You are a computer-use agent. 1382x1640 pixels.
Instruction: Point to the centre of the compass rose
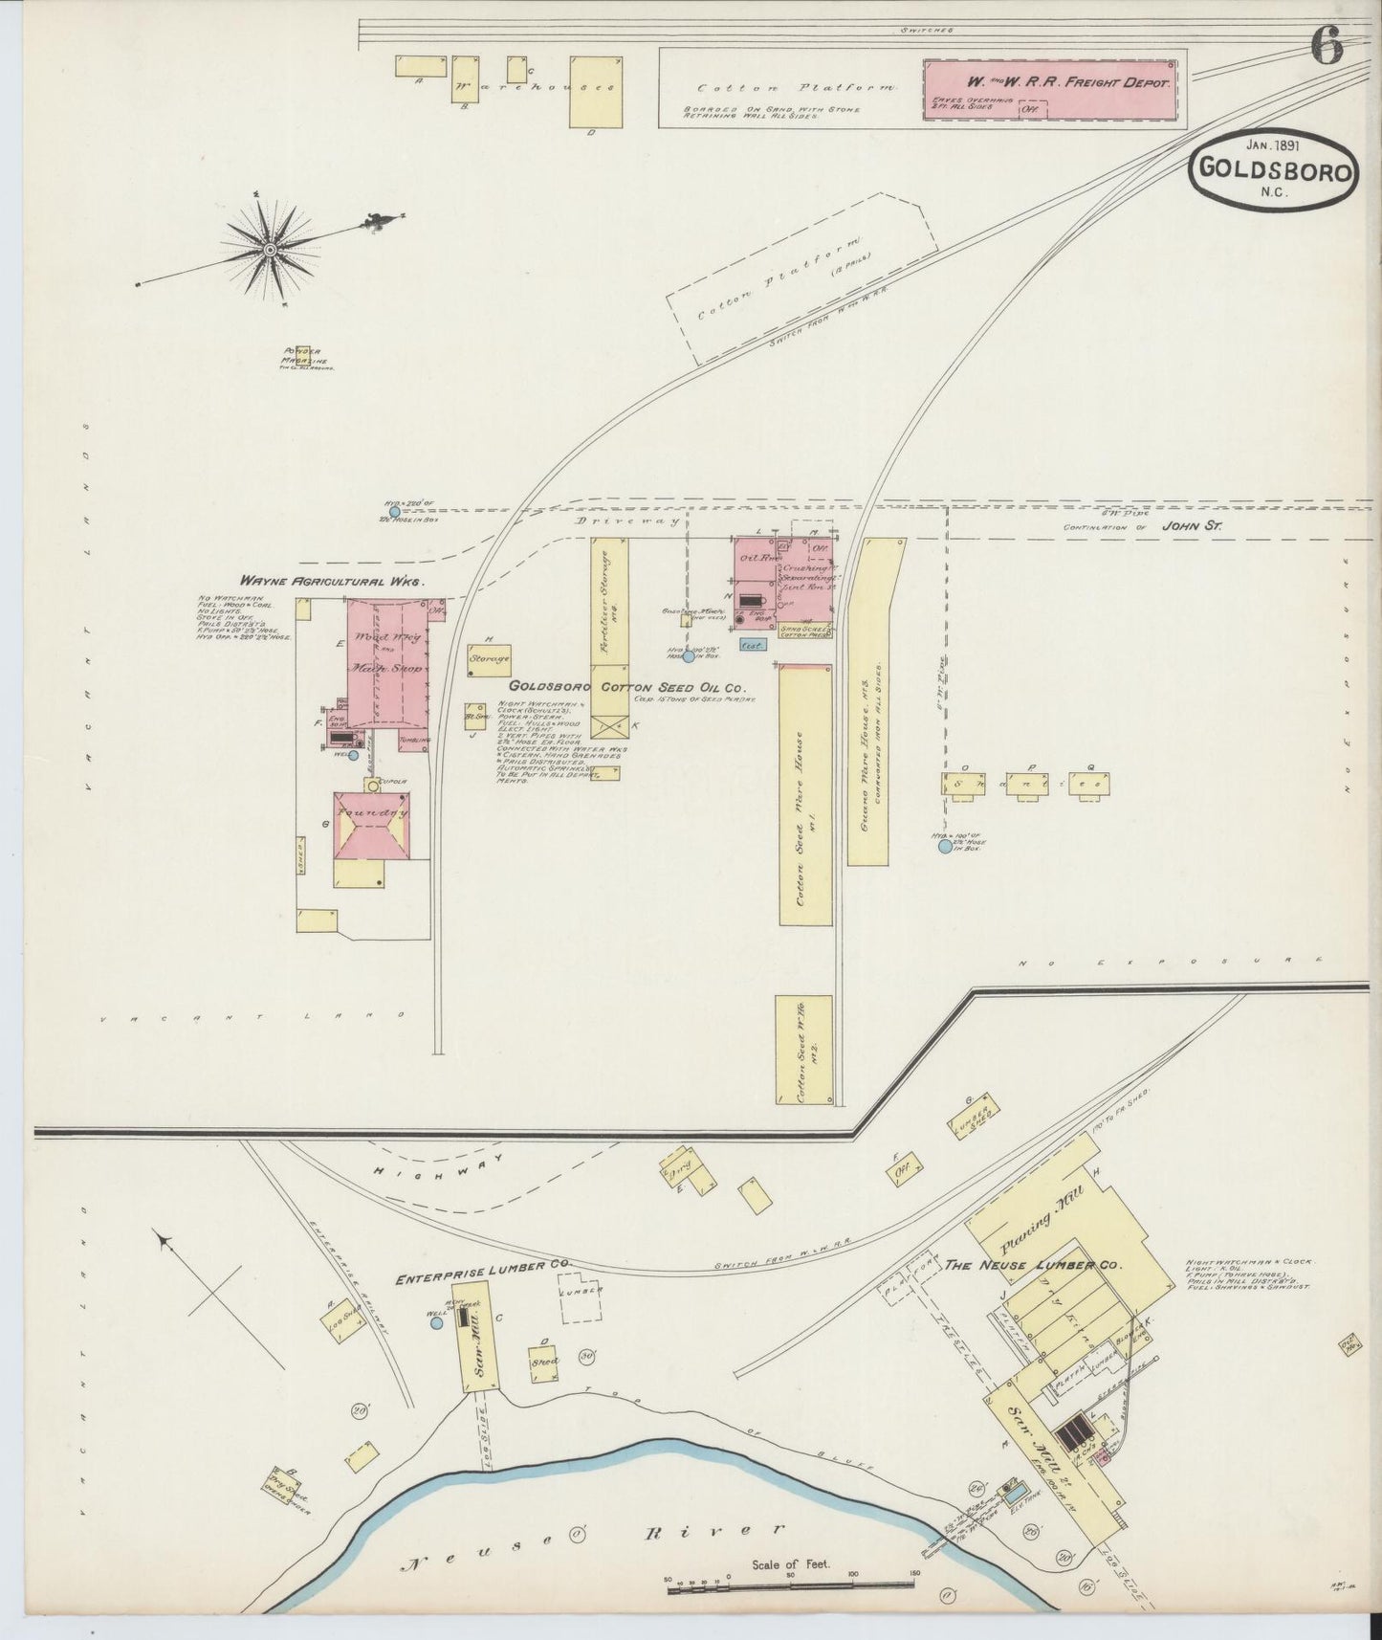271,250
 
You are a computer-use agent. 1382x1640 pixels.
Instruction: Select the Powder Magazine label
304,356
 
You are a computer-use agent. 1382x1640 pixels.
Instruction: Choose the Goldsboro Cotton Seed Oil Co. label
626,687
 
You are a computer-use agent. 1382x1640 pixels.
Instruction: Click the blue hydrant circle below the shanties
945,846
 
